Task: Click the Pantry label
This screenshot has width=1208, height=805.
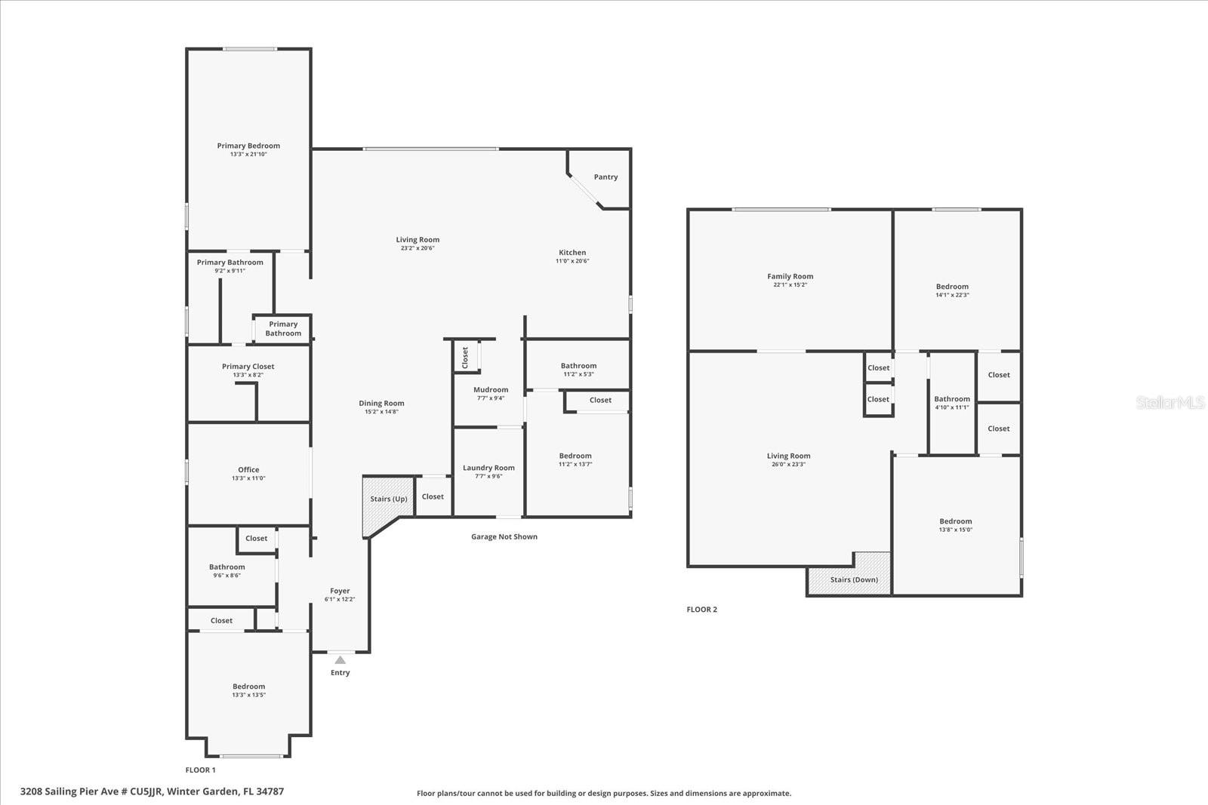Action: [x=606, y=177]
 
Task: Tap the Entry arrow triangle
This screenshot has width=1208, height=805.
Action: [x=341, y=660]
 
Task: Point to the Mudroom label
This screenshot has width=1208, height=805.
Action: [x=491, y=390]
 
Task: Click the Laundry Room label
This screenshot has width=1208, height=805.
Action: [x=488, y=468]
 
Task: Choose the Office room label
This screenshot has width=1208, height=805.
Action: [x=248, y=469]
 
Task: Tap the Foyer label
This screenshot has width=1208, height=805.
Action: [x=340, y=591]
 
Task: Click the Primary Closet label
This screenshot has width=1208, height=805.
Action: [x=248, y=367]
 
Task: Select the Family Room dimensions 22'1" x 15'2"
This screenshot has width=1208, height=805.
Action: [x=790, y=285]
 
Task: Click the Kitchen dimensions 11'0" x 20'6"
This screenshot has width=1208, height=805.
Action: [x=572, y=261]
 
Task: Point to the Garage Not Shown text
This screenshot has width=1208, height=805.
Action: [x=504, y=537]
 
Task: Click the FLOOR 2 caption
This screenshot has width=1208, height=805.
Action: [x=701, y=610]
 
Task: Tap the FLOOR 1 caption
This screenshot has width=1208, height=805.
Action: [x=201, y=770]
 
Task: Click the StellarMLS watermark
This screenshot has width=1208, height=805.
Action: [x=1170, y=403]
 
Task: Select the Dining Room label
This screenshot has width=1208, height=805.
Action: [x=381, y=403]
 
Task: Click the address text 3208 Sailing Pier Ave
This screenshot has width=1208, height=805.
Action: [x=152, y=791]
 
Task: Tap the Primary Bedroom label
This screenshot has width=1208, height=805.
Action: [x=248, y=146]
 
